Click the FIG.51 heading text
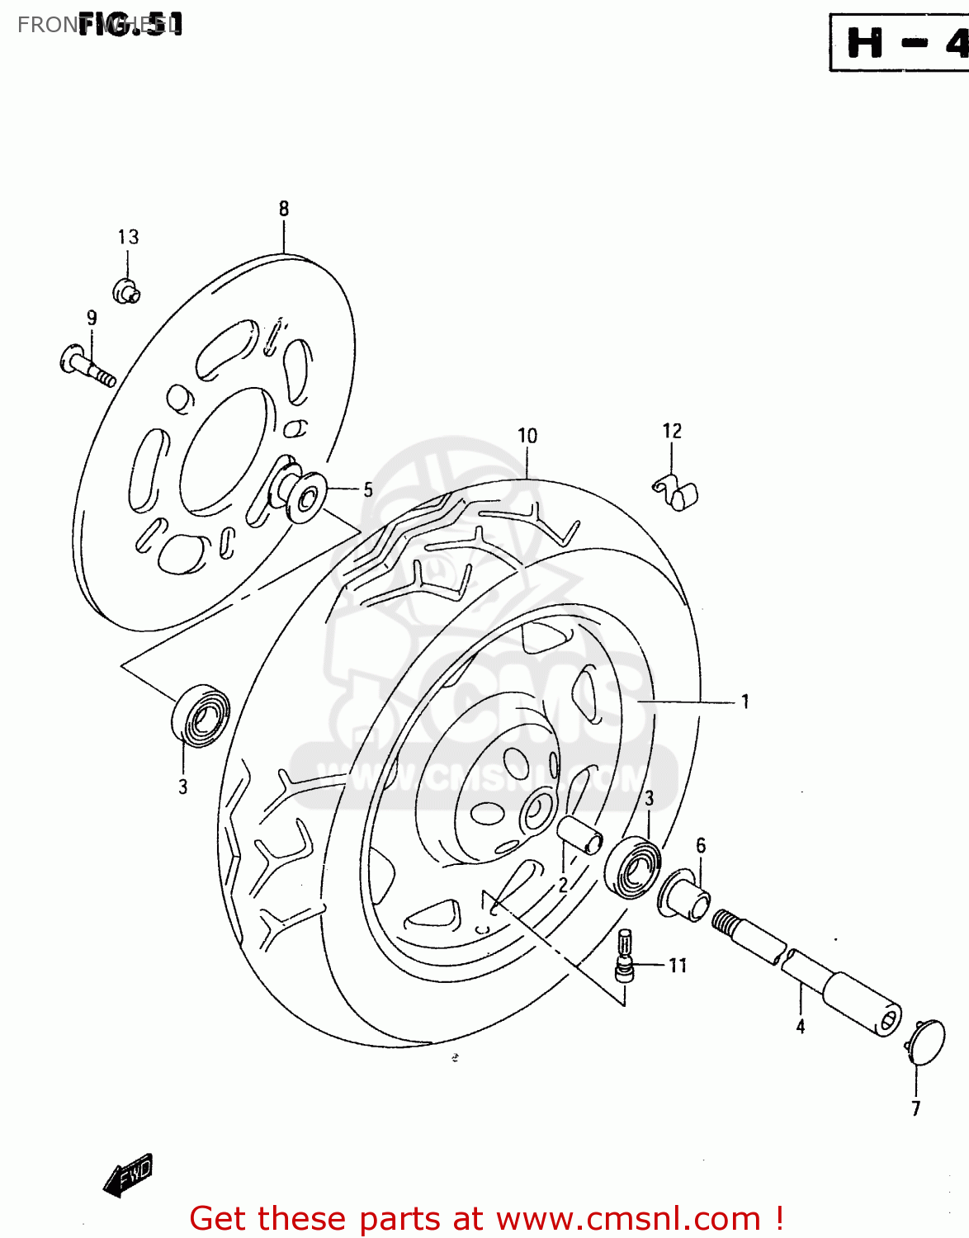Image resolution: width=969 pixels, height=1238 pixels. [x=130, y=24]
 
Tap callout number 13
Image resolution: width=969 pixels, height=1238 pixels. [x=128, y=238]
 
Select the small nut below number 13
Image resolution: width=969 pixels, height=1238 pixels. [x=126, y=291]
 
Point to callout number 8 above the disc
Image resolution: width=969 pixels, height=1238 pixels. [x=284, y=209]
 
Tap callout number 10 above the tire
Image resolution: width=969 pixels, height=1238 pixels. [x=527, y=436]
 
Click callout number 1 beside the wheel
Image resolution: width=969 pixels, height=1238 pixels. [x=745, y=702]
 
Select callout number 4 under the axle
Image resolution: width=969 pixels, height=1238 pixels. [x=801, y=1026]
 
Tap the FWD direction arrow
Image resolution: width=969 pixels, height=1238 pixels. [x=128, y=1174]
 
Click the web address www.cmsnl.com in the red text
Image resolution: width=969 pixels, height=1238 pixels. [x=627, y=1218]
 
